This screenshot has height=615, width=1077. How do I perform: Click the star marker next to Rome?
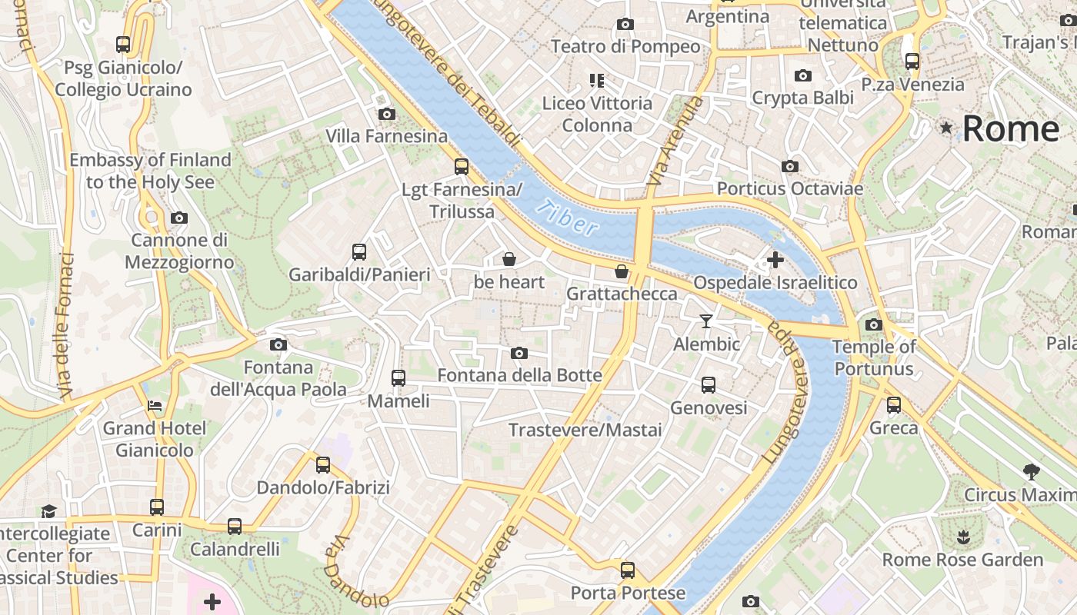(x=946, y=128)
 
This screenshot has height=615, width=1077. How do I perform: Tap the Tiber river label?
(x=567, y=218)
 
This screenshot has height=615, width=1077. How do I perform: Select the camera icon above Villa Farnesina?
(x=387, y=115)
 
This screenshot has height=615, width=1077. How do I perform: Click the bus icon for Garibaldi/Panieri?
(x=359, y=251)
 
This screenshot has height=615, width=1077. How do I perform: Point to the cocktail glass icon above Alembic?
(x=706, y=321)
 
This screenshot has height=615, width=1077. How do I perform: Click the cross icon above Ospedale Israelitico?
(x=775, y=260)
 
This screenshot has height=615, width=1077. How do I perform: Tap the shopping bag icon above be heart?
(x=508, y=259)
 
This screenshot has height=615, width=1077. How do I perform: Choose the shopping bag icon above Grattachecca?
(x=622, y=271)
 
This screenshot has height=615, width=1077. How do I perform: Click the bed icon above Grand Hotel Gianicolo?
(x=155, y=405)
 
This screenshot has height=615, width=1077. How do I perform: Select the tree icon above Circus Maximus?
(x=1032, y=471)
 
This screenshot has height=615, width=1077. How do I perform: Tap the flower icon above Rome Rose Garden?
(x=962, y=537)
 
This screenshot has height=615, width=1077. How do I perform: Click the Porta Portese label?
(x=628, y=593)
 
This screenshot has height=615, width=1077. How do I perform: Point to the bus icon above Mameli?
(x=398, y=377)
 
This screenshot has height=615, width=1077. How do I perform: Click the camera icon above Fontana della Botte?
(x=519, y=353)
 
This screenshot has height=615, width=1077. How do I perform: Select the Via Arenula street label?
(x=666, y=141)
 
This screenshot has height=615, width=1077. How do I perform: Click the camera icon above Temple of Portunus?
(x=873, y=324)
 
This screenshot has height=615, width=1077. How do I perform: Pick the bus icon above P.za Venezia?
(x=912, y=61)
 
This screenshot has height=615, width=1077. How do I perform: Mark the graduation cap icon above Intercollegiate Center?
(x=48, y=511)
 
